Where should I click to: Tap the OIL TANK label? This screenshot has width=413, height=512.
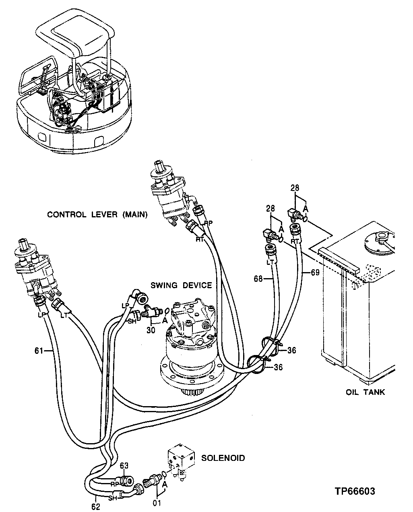click(x=365, y=392)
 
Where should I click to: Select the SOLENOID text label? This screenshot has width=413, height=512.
click(x=223, y=458)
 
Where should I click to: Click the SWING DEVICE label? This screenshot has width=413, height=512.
click(x=181, y=285)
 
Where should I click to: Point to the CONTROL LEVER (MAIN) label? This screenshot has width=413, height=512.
click(x=97, y=215)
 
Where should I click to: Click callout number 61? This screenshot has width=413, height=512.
click(x=39, y=351)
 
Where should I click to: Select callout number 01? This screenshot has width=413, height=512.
click(x=157, y=503)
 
